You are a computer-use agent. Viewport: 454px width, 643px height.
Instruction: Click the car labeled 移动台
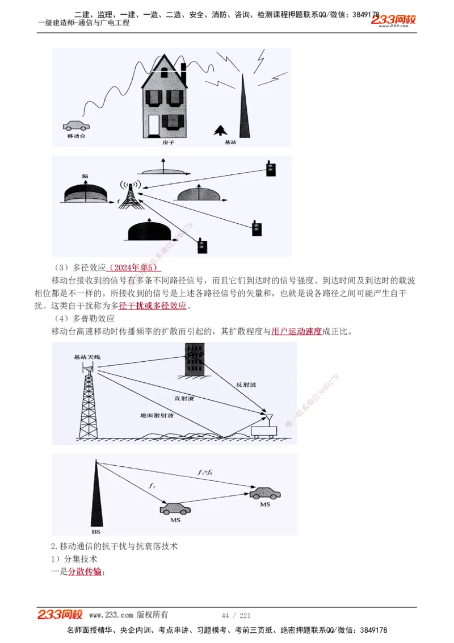coord(75,126)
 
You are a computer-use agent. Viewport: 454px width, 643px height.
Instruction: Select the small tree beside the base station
coord(218,131)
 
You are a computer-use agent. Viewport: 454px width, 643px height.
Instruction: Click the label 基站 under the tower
coord(230,143)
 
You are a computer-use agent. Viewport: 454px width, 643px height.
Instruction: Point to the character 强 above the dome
coord(85,177)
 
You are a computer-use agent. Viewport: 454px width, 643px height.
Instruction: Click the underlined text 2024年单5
coord(134,267)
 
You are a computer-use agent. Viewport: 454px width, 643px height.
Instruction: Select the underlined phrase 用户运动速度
coord(296,331)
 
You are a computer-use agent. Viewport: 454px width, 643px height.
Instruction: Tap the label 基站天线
coord(87,357)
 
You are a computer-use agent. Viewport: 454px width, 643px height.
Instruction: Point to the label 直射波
coord(184,399)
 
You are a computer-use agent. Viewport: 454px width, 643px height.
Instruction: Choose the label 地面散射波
coord(156,416)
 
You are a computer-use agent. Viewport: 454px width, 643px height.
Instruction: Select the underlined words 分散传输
coord(85,571)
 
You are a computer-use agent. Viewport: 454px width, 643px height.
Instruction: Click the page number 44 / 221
coord(236,615)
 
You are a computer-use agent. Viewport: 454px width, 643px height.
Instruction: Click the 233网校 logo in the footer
coord(60,615)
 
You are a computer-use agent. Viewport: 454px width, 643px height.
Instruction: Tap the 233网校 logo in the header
coord(394,20)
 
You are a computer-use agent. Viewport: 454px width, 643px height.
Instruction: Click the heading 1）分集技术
coord(74,559)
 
